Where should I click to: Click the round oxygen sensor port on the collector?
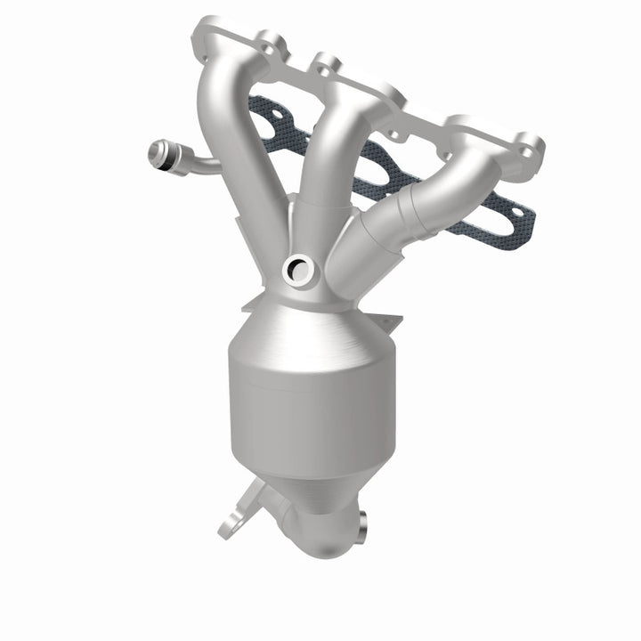(295, 267)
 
